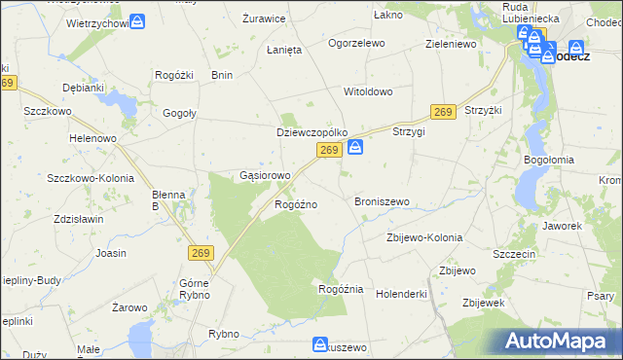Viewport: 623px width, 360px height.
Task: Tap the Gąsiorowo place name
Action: pyautogui.click(x=265, y=176)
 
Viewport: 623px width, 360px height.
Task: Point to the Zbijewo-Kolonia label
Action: pyautogui.click(x=423, y=237)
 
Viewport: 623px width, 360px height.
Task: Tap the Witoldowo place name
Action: pyautogui.click(x=368, y=91)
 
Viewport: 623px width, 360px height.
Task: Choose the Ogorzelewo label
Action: pyautogui.click(x=356, y=44)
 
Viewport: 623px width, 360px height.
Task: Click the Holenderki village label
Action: pyautogui.click(x=402, y=292)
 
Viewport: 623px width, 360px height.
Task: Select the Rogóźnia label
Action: pyautogui.click(x=341, y=289)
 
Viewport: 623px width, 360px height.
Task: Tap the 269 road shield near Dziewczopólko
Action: pyautogui.click(x=329, y=150)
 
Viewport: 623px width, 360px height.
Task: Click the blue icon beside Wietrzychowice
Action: pyautogui.click(x=138, y=20)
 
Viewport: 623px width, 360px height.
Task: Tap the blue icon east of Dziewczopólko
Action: pyautogui.click(x=356, y=147)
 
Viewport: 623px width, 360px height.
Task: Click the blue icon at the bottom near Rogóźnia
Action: pyautogui.click(x=320, y=344)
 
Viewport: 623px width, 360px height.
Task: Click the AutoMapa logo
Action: pyautogui.click(x=560, y=341)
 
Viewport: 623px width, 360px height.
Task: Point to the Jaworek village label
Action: pyautogui.click(x=564, y=226)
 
